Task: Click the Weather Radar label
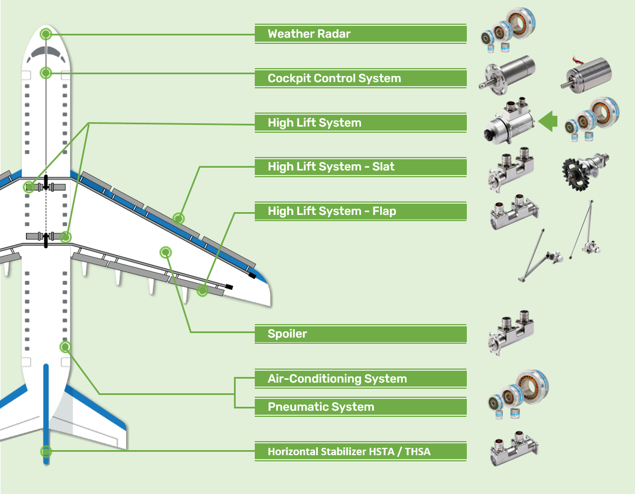click(x=360, y=34)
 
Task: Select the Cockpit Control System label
click(x=360, y=78)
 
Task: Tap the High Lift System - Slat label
click(x=360, y=167)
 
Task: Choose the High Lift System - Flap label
click(x=360, y=212)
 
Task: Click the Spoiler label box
click(x=360, y=334)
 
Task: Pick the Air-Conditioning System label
click(x=360, y=379)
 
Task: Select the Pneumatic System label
click(x=360, y=407)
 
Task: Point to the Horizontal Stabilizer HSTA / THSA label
click(x=360, y=451)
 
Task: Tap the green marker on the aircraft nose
click(x=46, y=34)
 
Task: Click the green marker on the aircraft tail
click(x=46, y=451)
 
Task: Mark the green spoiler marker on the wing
click(x=165, y=252)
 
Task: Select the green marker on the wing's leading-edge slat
click(x=178, y=218)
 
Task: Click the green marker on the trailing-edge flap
click(x=202, y=291)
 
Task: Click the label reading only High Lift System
click(x=360, y=123)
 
